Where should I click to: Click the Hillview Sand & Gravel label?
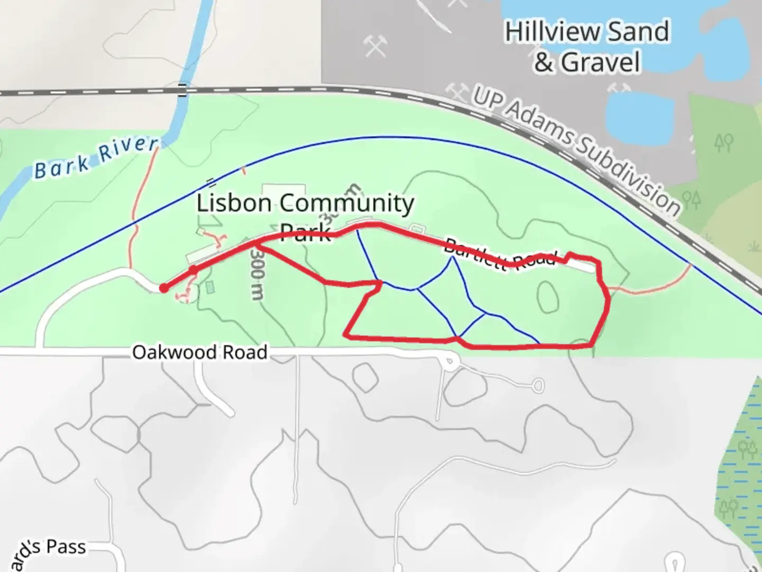(x=586, y=47)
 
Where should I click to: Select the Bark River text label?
(x=96, y=158)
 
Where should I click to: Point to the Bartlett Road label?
(x=500, y=255)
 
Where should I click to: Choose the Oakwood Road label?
(x=199, y=352)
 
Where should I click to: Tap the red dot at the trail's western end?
(x=164, y=288)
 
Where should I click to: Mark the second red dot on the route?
(x=194, y=270)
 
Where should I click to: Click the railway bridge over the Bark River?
(x=183, y=91)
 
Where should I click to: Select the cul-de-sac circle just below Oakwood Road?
(x=450, y=363)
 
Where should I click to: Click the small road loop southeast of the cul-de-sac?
(x=538, y=385)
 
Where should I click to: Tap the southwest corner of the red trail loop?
(x=346, y=335)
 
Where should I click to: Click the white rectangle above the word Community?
(x=284, y=190)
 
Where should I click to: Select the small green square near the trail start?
(x=210, y=288)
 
